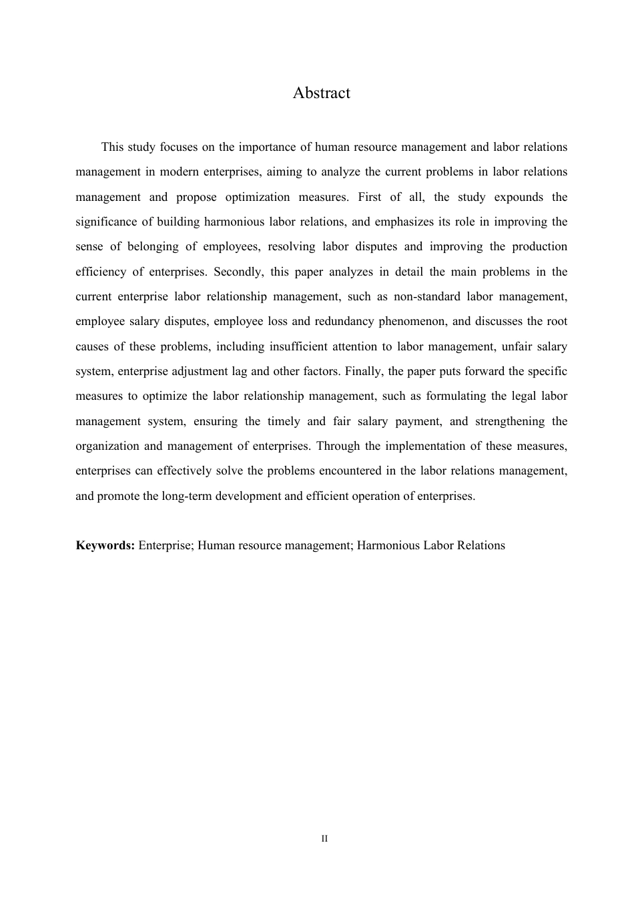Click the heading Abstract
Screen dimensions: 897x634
(321, 93)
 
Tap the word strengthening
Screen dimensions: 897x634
(509, 421)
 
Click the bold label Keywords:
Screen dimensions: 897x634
(105, 545)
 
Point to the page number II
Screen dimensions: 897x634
(324, 838)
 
